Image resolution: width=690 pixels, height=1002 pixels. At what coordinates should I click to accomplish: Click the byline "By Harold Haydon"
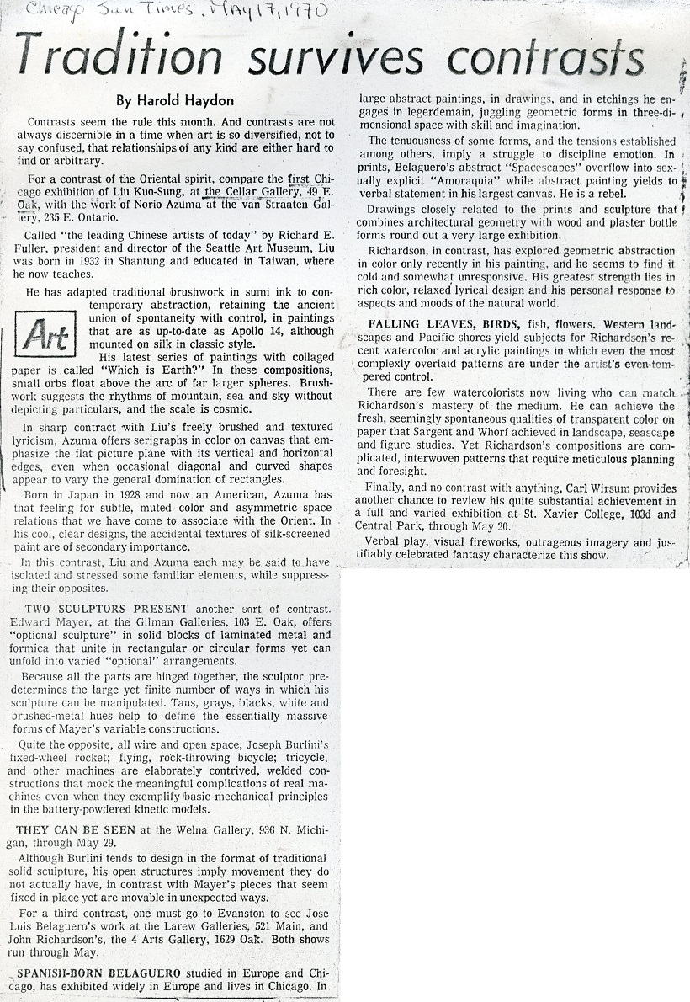pyautogui.click(x=175, y=101)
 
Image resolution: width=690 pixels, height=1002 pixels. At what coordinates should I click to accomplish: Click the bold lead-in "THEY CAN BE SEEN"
pyautogui.click(x=81, y=829)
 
